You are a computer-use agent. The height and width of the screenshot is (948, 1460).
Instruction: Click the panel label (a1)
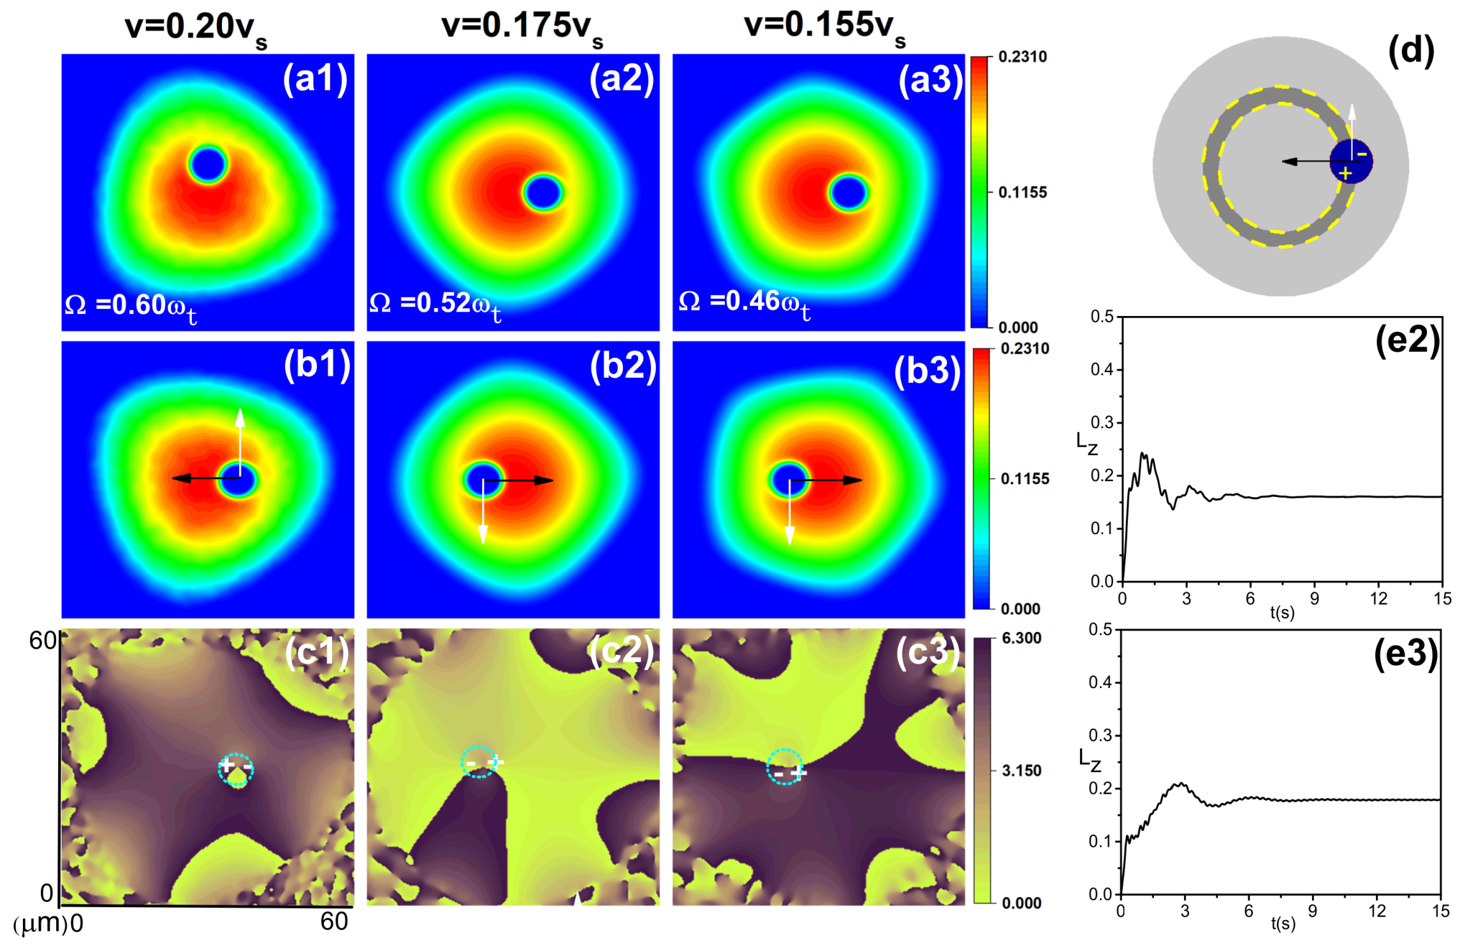click(x=315, y=79)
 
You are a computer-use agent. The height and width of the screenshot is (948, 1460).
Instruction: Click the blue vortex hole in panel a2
click(x=543, y=192)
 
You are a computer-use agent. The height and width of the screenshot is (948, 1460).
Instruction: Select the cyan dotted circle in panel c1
click(x=236, y=769)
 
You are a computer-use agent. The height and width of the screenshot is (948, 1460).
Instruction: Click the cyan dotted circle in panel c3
click(x=784, y=766)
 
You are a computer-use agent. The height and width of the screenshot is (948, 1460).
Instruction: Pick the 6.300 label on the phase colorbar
click(x=1021, y=638)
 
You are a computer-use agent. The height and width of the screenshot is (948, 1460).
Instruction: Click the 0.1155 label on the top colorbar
click(x=1023, y=192)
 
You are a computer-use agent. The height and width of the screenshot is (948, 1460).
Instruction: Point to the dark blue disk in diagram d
click(x=1350, y=161)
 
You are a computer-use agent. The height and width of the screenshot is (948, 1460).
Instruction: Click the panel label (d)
click(x=1410, y=51)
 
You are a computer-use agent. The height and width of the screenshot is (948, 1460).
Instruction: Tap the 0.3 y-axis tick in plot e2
click(x=1102, y=422)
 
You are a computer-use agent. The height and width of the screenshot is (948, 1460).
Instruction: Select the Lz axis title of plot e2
click(x=1086, y=443)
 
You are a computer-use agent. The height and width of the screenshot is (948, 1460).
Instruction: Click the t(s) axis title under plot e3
click(x=1283, y=924)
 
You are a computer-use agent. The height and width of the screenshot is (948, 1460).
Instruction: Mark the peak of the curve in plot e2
click(x=1142, y=454)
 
